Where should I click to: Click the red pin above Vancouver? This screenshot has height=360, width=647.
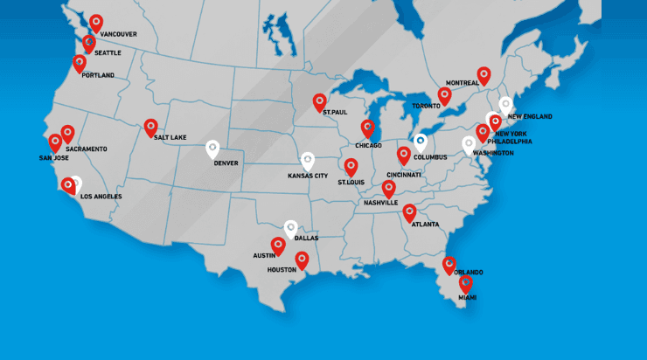tap(96, 23)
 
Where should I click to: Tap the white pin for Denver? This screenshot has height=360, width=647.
tap(213, 149)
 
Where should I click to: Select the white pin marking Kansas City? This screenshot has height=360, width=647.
tap(307, 161)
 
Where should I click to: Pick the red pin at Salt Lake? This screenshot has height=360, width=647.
tap(150, 127)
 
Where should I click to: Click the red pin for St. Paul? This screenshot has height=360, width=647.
tap(319, 101)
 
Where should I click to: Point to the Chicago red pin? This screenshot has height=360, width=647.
tap(368, 128)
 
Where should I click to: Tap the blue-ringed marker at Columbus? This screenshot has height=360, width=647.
tap(420, 140)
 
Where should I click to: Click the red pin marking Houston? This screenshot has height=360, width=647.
tap(302, 260)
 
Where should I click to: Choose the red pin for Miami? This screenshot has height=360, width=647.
tap(465, 282)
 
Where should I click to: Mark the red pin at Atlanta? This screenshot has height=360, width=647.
tap(409, 212)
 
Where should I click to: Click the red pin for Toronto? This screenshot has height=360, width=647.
tap(444, 95)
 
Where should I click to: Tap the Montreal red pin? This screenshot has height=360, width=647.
tap(484, 75)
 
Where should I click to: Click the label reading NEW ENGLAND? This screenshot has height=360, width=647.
tap(530, 116)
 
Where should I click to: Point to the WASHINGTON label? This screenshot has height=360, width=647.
tap(493, 153)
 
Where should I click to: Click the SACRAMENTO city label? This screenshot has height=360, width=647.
tap(86, 149)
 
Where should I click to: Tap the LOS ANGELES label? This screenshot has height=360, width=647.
tap(101, 197)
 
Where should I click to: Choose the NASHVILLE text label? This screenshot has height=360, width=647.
tap(380, 202)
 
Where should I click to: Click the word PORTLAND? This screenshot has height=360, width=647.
tap(98, 75)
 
